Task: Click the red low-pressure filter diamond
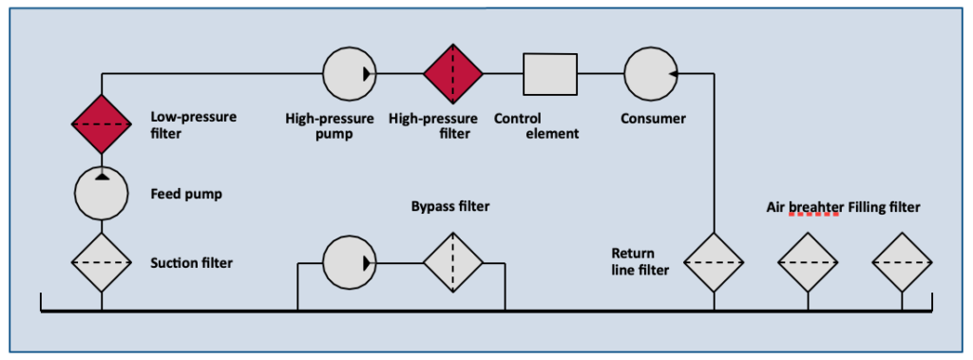click(102, 123)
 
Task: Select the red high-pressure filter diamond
click(453, 72)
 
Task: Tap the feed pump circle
click(102, 193)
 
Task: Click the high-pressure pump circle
click(350, 72)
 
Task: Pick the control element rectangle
click(549, 72)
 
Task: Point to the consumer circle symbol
click(650, 72)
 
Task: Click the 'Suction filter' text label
click(191, 262)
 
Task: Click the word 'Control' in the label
click(517, 119)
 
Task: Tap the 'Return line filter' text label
click(640, 262)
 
